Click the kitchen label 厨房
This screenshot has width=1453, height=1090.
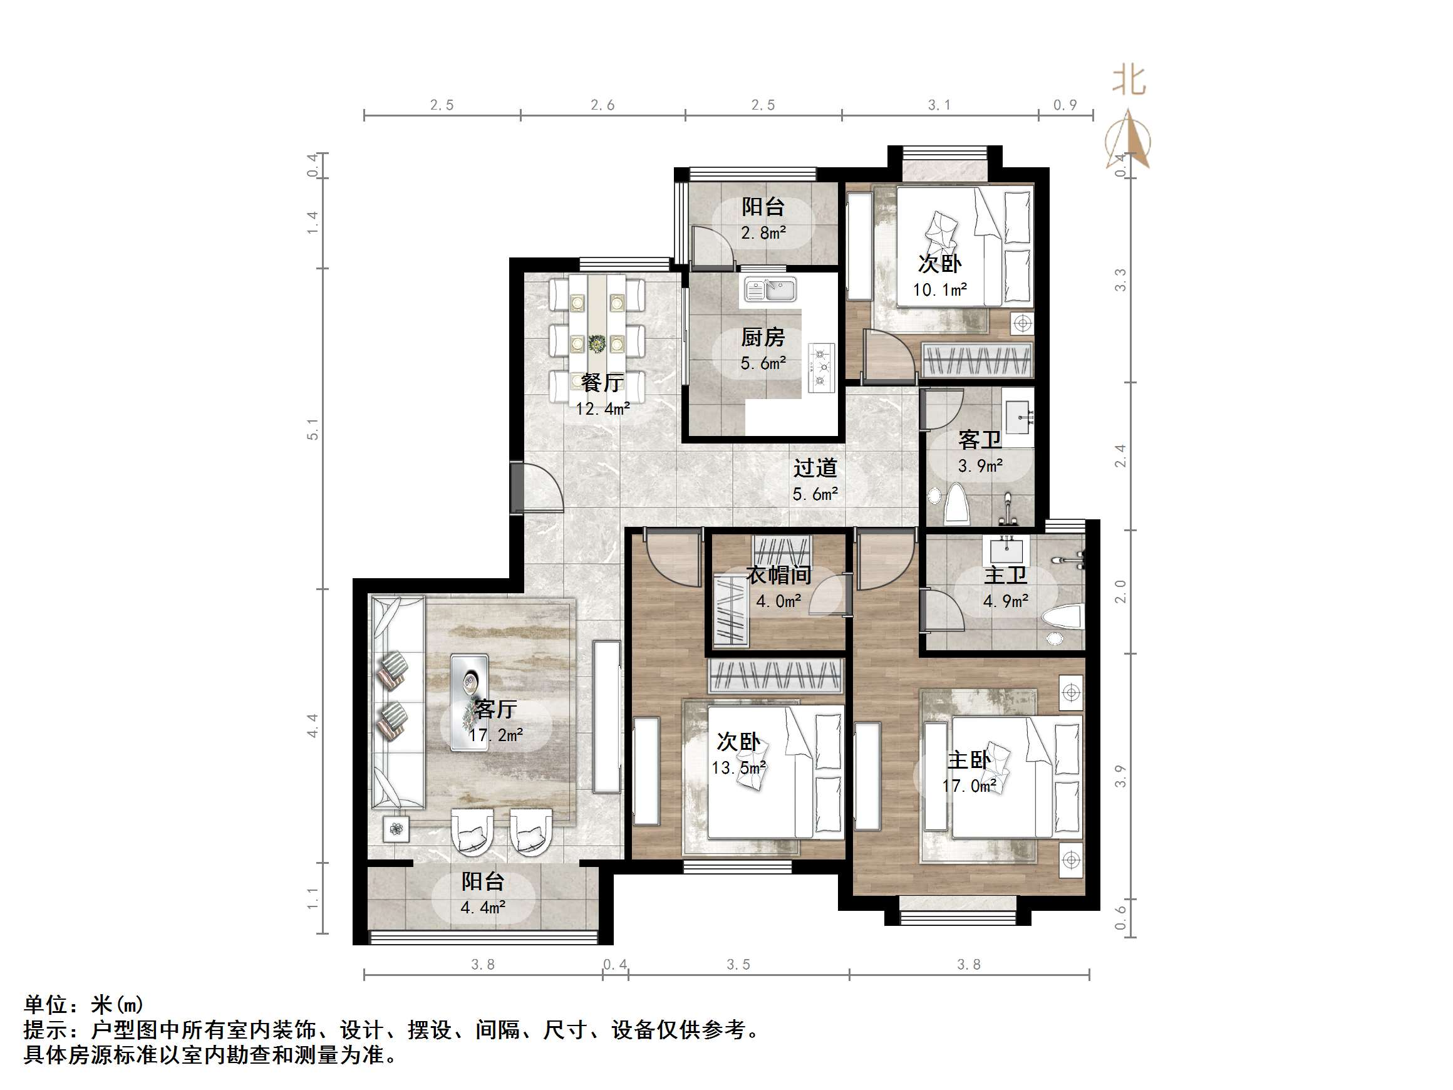pyautogui.click(x=763, y=338)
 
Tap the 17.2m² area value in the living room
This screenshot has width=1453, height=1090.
pyautogui.click(x=496, y=735)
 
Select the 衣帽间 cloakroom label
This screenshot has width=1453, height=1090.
pyautogui.click(x=778, y=575)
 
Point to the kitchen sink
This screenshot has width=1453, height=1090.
pyautogui.click(x=770, y=289)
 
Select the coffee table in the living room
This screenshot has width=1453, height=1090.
pyautogui.click(x=469, y=683)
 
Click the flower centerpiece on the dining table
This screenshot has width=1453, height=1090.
pyautogui.click(x=597, y=343)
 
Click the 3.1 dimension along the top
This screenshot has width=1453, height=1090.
pyautogui.click(x=939, y=105)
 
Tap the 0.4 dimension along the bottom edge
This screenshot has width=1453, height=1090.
pyautogui.click(x=615, y=965)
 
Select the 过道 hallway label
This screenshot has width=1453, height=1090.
pyautogui.click(x=815, y=468)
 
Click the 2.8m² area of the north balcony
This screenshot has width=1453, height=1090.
pyautogui.click(x=763, y=232)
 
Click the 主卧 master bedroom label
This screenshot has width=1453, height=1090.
pyautogui.click(x=968, y=760)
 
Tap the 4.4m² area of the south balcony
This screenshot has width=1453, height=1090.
pyautogui.click(x=483, y=907)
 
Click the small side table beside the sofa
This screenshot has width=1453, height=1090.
pyautogui.click(x=395, y=829)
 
